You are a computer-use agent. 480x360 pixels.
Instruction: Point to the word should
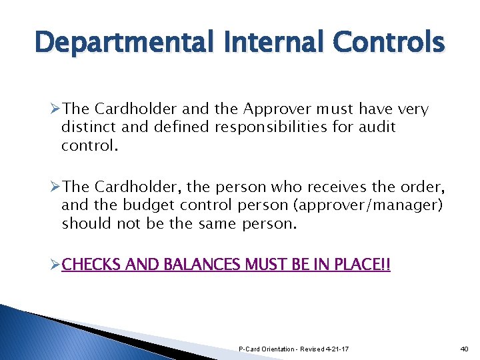tap(86, 223)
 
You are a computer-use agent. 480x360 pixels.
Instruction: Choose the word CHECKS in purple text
tap(90, 265)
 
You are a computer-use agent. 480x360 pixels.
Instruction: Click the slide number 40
tap(465, 349)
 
